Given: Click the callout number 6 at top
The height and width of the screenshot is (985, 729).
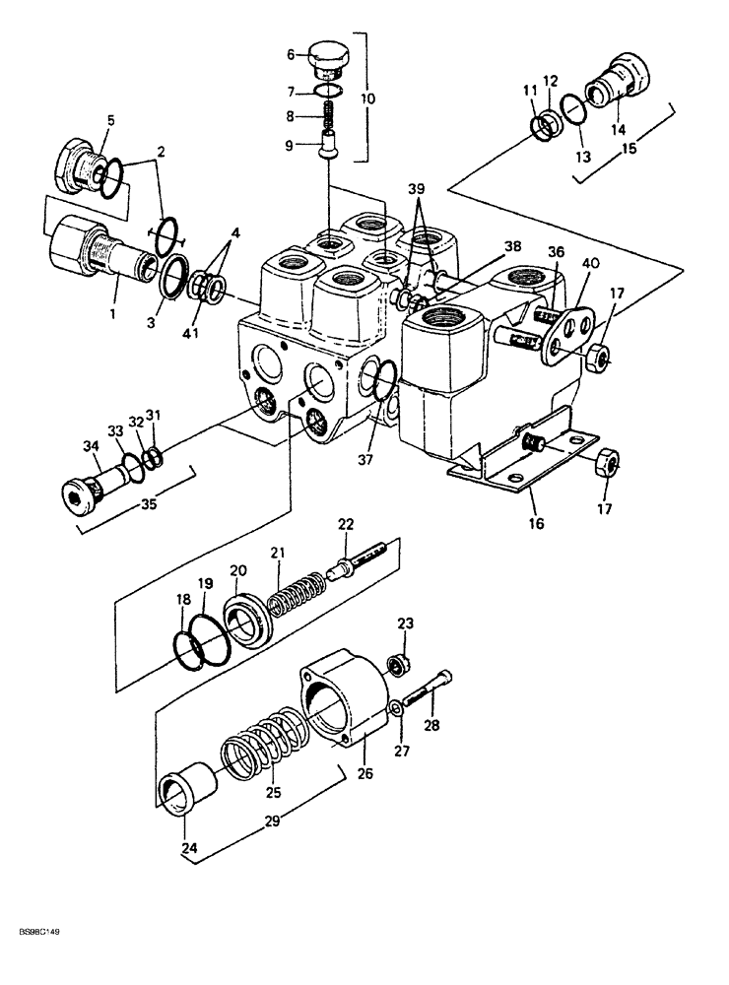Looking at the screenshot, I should coord(291,54).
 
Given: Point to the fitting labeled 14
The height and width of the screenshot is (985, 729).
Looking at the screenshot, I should coord(618,85).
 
